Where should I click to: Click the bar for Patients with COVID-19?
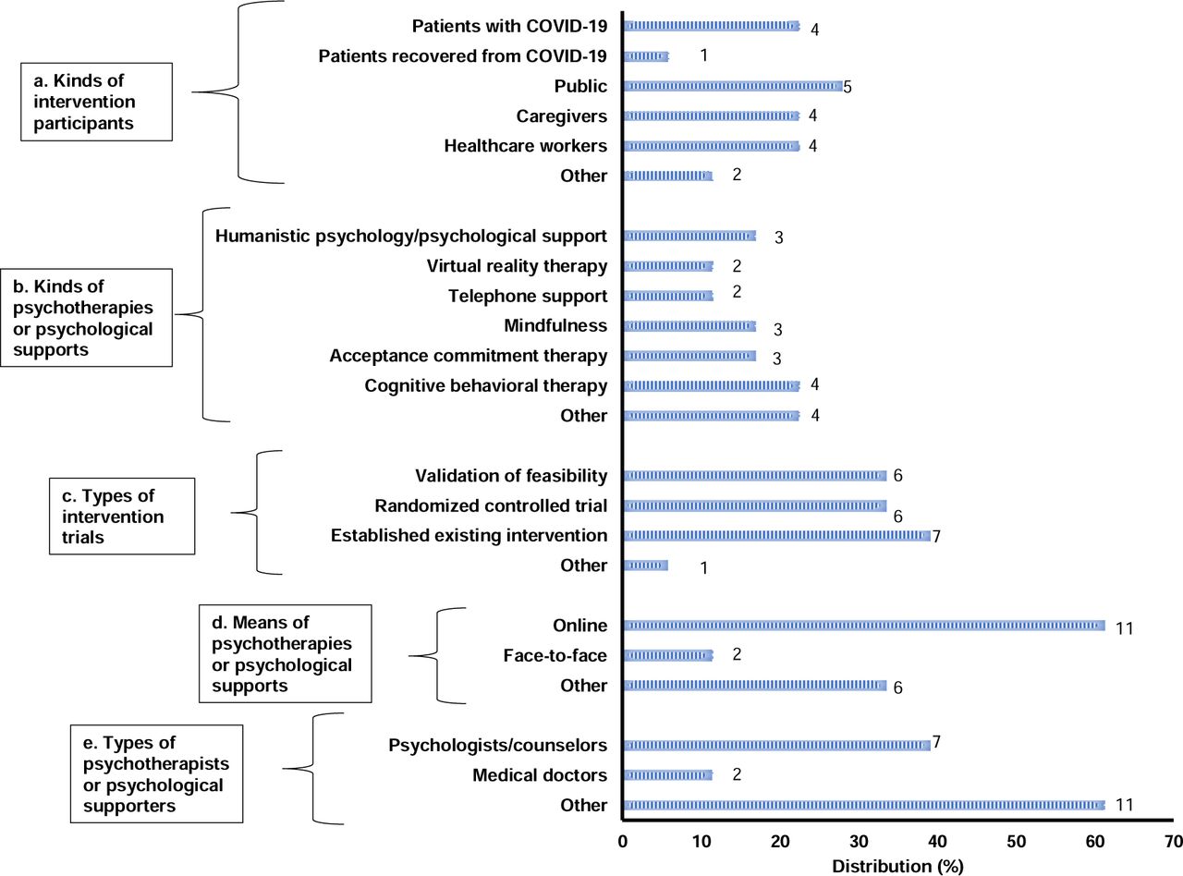click(712, 26)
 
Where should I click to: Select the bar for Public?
click(733, 86)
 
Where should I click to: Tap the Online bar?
click(864, 626)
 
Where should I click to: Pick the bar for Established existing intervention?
click(776, 535)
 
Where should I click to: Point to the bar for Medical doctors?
click(668, 774)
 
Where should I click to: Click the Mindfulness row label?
click(555, 325)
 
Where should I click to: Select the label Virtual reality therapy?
click(517, 266)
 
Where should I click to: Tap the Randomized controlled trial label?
click(491, 505)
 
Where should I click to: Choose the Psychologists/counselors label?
click(497, 746)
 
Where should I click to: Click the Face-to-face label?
click(555, 655)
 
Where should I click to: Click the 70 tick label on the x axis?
click(1173, 841)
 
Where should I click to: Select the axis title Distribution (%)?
click(897, 866)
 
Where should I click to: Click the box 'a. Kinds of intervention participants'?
click(96, 102)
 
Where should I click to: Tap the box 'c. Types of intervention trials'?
click(122, 516)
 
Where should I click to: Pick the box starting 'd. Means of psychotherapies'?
click(286, 653)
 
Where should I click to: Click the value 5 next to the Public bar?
click(848, 87)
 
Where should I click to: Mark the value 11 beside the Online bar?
click(1125, 628)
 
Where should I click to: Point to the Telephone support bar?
click(668, 296)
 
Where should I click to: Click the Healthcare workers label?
click(525, 146)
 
